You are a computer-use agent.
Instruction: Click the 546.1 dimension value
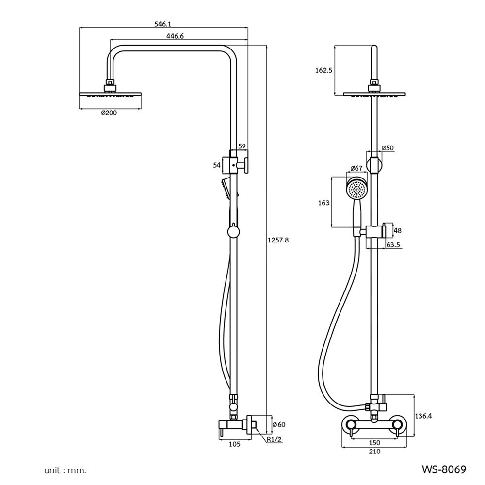tap(162, 24)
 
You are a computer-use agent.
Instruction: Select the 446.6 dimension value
tap(175, 36)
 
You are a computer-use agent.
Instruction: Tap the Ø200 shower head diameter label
tap(109, 113)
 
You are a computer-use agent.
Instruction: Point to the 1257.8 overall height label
tap(278, 240)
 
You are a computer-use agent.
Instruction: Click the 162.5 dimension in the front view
tap(323, 70)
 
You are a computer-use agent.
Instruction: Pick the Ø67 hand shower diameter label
tap(356, 168)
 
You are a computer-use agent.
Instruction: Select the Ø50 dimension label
tap(388, 148)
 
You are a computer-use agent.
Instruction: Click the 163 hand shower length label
tap(324, 203)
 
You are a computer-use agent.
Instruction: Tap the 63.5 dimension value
tap(393, 245)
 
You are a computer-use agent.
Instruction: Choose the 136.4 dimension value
tap(423, 416)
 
